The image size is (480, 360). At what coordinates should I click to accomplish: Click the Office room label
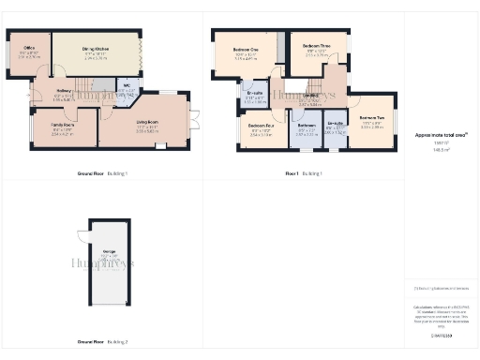tap(30, 48)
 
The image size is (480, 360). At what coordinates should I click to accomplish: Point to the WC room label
tap(123, 89)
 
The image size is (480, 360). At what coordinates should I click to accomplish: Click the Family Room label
tap(63, 124)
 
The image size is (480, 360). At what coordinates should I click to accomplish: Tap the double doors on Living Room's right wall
tap(196, 119)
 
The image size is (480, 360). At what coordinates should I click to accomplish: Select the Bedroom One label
tap(245, 53)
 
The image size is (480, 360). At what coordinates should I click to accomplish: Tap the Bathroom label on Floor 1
tap(307, 125)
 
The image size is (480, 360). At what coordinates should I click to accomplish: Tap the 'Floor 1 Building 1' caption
tap(304, 173)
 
